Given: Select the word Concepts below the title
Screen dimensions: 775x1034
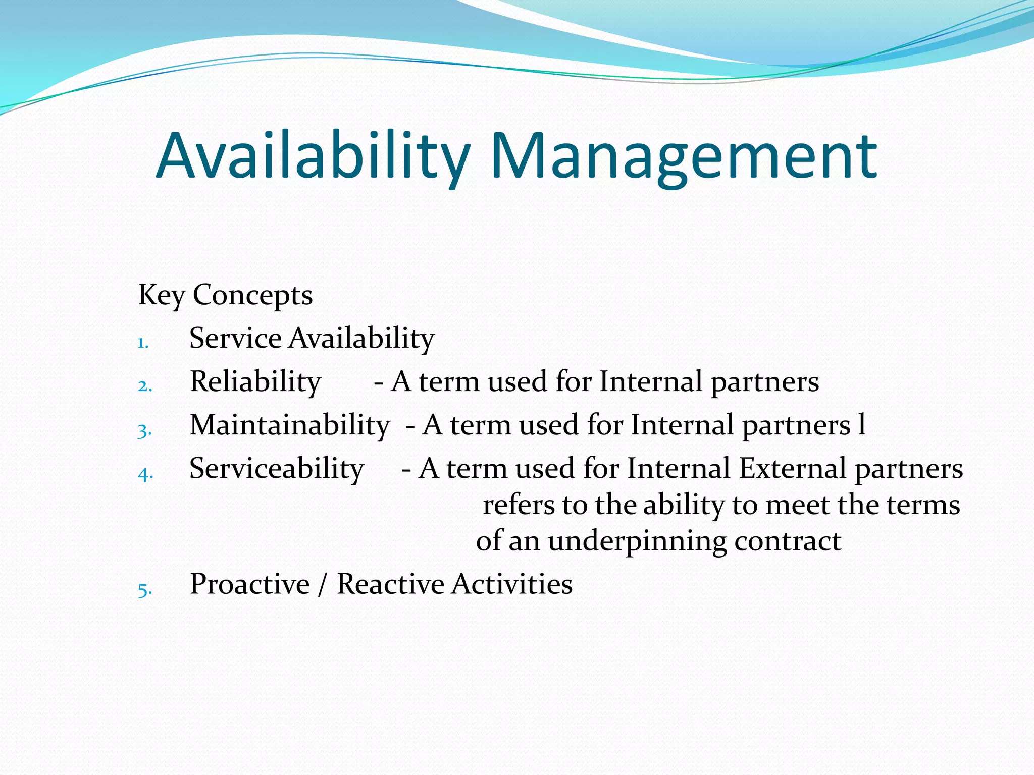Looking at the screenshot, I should (x=252, y=295).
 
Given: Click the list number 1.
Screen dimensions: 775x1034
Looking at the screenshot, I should (x=143, y=343).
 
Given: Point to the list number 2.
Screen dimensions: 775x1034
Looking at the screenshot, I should (x=144, y=386).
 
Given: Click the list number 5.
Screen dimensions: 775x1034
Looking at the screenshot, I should (x=144, y=590).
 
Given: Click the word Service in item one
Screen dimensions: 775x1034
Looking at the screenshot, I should (x=235, y=338).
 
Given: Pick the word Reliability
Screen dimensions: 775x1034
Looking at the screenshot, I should (x=255, y=382).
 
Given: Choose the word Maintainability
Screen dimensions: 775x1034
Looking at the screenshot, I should (x=290, y=425).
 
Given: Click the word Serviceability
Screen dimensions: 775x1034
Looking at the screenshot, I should (x=277, y=469).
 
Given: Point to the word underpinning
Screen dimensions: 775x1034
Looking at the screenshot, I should (x=637, y=541).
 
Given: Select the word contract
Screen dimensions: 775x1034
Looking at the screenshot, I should (x=788, y=541).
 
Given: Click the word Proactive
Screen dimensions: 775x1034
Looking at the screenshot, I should (x=249, y=585).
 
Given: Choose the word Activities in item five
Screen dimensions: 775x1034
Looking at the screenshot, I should (x=512, y=585).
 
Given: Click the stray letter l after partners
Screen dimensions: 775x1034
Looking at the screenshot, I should (x=862, y=424).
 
